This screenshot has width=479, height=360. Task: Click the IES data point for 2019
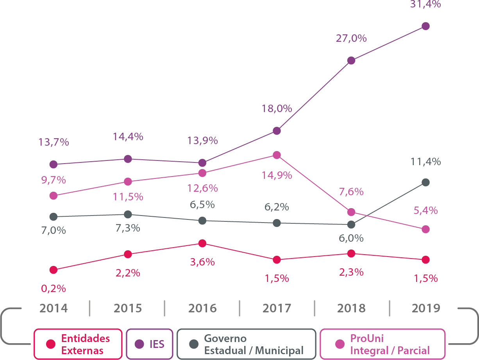point(426,26)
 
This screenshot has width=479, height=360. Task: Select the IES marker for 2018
point(351,61)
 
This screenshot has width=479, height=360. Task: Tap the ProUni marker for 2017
point(277,155)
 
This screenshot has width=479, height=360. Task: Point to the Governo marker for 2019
point(426,182)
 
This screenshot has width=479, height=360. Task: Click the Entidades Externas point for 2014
point(54,270)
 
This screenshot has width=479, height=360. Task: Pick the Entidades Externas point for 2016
point(202,243)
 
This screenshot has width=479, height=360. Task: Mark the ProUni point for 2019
point(426,229)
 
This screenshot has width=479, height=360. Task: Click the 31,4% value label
point(426,5)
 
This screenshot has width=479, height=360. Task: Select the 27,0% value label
point(351,39)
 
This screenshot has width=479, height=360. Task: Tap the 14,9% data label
point(277,175)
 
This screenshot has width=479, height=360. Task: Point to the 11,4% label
point(426,161)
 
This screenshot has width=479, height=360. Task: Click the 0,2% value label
point(54,289)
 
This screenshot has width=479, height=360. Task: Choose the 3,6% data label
point(202,262)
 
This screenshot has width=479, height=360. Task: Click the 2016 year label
point(202,308)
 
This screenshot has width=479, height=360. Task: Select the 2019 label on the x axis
point(426,308)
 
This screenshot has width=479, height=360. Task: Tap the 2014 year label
point(54,308)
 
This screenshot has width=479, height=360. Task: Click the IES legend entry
point(150,344)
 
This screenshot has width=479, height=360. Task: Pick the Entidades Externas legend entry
point(78,344)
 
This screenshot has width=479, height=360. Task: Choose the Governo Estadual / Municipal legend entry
point(246,344)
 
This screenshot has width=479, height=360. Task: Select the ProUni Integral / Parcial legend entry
point(382,344)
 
